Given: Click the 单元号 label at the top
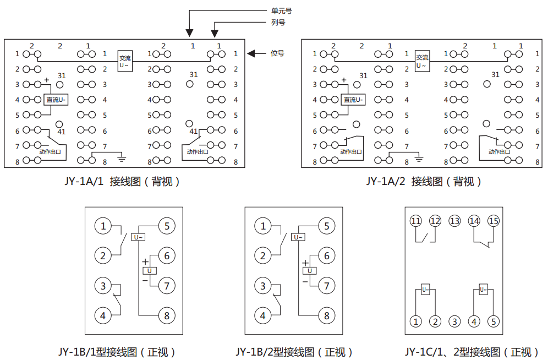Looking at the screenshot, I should click(x=282, y=10).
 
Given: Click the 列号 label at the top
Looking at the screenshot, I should click(x=278, y=23).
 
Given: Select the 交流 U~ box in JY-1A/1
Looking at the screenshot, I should click(x=125, y=62).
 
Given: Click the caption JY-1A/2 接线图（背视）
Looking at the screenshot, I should click(x=424, y=181).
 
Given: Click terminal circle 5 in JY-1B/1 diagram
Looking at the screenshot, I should click(x=167, y=226).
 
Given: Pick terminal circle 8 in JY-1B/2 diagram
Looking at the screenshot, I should click(x=326, y=315).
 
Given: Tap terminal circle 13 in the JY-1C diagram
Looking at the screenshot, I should click(x=454, y=221).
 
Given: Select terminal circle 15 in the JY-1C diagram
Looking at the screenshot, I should click(x=494, y=221).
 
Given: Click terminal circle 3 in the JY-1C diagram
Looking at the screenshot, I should click(x=454, y=321).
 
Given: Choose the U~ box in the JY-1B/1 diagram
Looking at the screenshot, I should click(x=138, y=237).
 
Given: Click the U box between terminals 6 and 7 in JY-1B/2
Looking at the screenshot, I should click(x=309, y=270).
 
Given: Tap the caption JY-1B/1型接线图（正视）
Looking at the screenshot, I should click(x=117, y=352).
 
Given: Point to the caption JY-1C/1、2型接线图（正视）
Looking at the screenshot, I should click(x=472, y=352).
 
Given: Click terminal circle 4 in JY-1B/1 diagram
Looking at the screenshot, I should click(x=103, y=315).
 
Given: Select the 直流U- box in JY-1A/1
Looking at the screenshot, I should click(x=56, y=100).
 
